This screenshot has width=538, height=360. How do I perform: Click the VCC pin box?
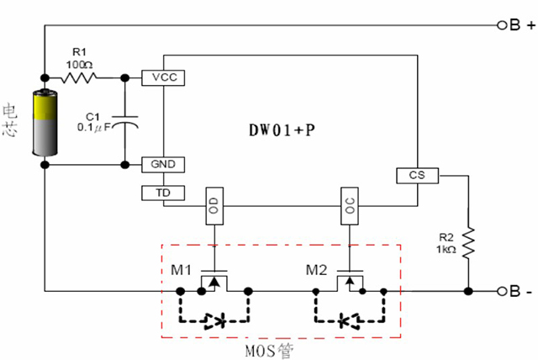coord(163,77)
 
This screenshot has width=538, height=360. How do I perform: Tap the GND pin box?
coord(163,164)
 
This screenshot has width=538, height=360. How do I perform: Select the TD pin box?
coord(163,193)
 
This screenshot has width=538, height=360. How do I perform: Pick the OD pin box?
coord(214,206)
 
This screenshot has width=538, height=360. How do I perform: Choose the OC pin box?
coord(350,206)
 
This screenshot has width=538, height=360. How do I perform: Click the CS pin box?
coord(417,176)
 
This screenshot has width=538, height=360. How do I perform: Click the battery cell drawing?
coord(44,123)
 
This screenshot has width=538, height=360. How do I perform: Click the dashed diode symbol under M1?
coord(215,320)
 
